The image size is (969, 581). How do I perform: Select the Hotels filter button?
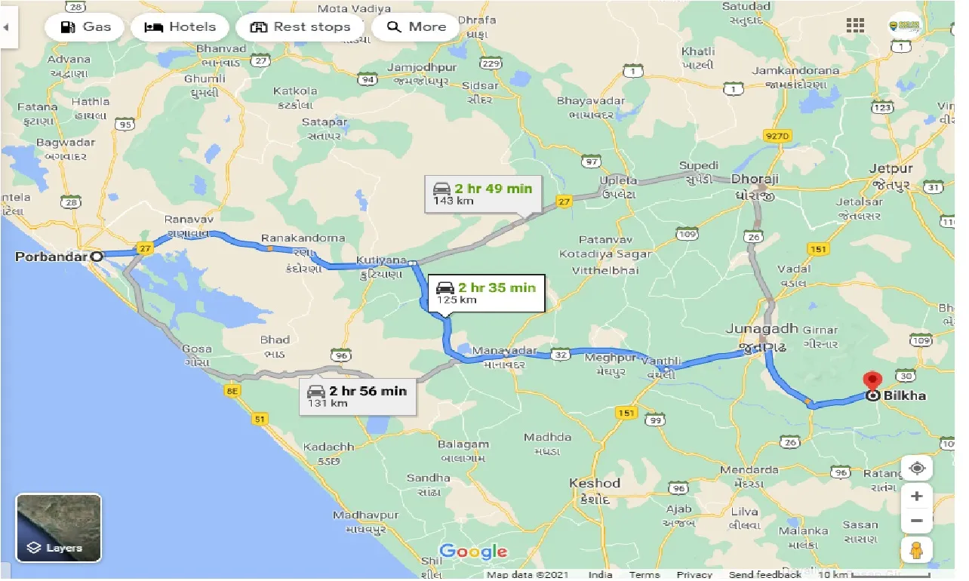coord(179,27)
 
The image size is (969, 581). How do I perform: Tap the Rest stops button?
coord(300,27)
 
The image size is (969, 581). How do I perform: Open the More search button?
coord(417,27)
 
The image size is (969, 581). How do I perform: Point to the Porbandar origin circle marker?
coord(97,257)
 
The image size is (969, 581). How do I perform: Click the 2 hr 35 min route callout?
coord(486,293)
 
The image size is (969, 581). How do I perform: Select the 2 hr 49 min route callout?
coord(481,194)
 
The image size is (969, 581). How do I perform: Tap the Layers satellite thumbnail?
coord(59,527)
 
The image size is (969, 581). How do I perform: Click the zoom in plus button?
coord(917,496)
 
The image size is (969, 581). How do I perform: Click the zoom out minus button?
coord(917,521)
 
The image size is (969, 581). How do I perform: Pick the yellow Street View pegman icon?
coord(917,551)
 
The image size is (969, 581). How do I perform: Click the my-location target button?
coord(917,468)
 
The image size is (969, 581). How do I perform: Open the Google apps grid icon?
coord(855,26)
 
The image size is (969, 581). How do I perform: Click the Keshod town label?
coord(595,484)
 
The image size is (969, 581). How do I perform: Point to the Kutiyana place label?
coord(383,260)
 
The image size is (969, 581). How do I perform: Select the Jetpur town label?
coord(891,168)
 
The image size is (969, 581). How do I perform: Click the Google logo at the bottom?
coord(473,552)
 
